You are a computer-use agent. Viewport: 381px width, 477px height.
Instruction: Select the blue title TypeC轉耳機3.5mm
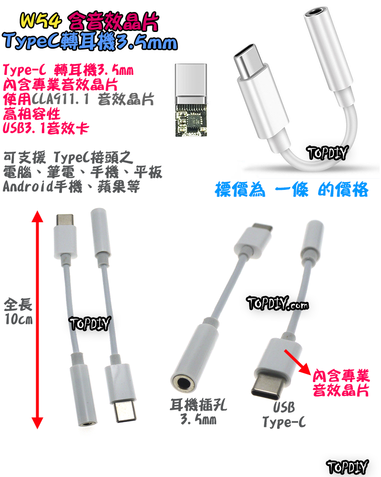tap(90, 43)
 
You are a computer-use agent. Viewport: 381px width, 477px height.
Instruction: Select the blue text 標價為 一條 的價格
tap(291, 189)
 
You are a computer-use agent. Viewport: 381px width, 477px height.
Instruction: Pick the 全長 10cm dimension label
tap(18, 311)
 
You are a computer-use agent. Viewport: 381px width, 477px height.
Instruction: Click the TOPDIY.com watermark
tap(277, 303)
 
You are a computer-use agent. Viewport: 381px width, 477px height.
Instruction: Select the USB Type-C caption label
tap(284, 415)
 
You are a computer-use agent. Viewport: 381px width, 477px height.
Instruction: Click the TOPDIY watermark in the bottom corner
tap(348, 467)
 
